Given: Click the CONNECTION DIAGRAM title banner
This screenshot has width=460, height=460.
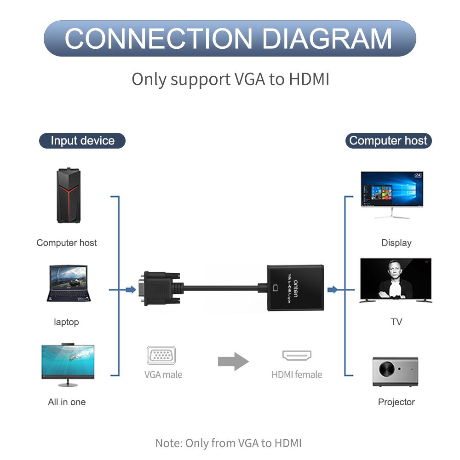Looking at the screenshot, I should pos(230,39).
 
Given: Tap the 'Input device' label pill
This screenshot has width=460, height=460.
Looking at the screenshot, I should pos(82,141).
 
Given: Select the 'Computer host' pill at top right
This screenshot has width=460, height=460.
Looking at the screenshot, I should pos(388,141).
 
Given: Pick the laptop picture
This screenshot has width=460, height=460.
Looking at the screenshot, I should pos(68,283).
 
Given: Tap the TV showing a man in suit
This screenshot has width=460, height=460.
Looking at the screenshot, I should pos(396,280).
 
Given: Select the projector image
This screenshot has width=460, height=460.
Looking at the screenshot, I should pos(396,371).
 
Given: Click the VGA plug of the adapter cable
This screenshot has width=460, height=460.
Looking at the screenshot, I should pos(159,289).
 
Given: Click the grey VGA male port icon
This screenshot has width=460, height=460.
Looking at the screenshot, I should pos(161,356).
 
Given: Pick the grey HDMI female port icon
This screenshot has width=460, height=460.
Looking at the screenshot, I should pos(297,356).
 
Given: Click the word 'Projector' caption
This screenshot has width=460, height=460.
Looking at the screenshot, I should pos(396,402).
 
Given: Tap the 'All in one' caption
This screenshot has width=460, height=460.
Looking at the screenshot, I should pos(67,402).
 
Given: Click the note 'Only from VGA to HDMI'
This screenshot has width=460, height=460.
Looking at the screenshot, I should pos(229,443).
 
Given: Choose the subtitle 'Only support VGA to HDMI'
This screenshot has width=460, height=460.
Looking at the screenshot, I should pos(230,79).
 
